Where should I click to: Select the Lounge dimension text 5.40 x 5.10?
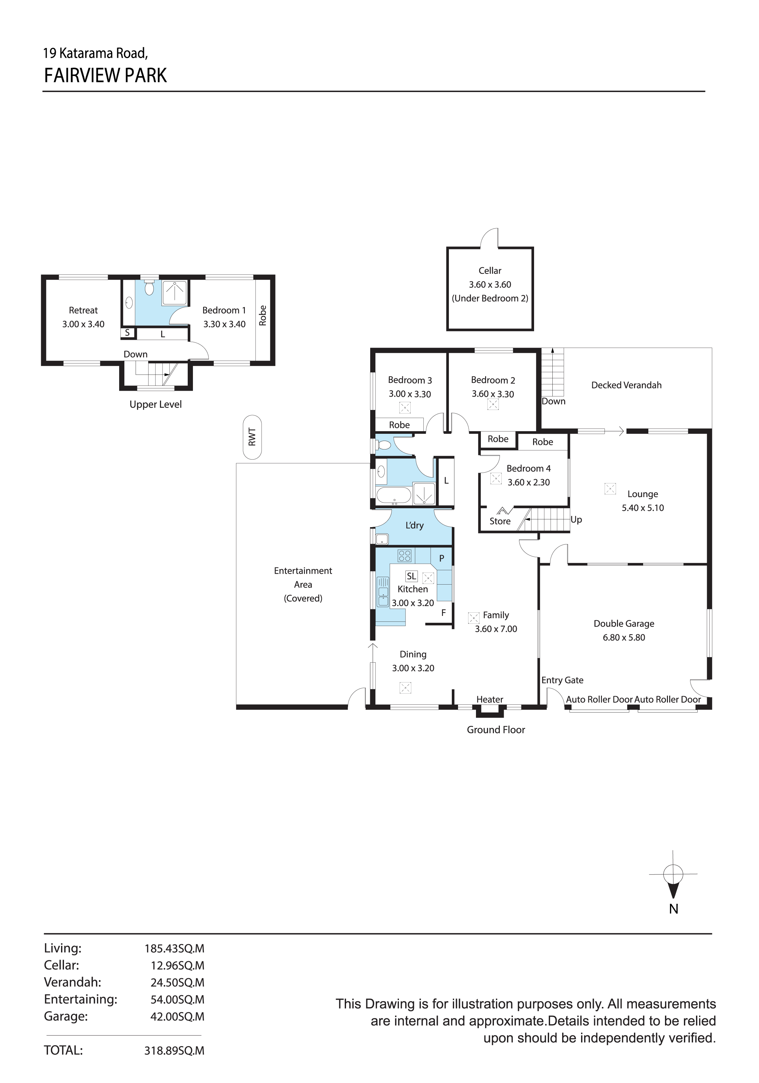(642, 508)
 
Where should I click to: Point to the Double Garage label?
(624, 623)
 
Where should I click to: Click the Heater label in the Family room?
(490, 699)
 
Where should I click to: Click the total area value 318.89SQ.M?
(175, 1050)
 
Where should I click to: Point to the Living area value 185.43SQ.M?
(175, 949)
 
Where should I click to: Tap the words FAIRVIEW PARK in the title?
(106, 75)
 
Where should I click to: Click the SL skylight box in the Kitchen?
(411, 576)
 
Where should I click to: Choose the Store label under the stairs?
(500, 521)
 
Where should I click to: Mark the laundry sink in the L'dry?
(382, 539)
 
